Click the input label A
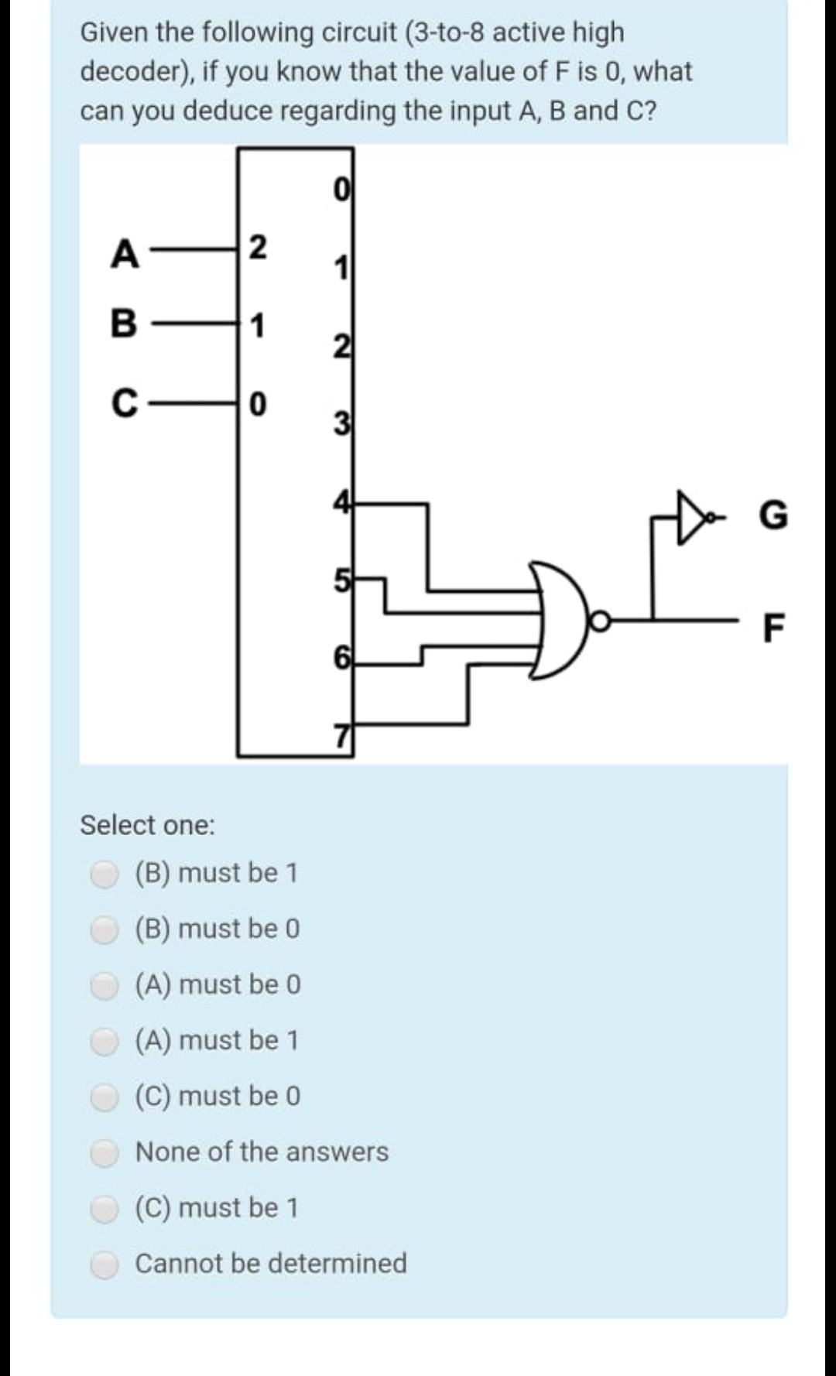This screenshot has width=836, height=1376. point(125,253)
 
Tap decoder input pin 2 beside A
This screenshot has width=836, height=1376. point(258,248)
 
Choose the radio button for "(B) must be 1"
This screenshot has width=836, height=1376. point(104,874)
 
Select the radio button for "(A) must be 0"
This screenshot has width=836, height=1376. point(104,985)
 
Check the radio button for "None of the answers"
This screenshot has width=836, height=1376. point(104,1152)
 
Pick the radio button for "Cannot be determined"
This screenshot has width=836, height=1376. point(104,1265)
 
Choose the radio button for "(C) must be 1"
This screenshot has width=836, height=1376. point(104,1208)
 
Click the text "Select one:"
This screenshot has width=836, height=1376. point(147,825)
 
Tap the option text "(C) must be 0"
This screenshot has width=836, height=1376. point(218,1097)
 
